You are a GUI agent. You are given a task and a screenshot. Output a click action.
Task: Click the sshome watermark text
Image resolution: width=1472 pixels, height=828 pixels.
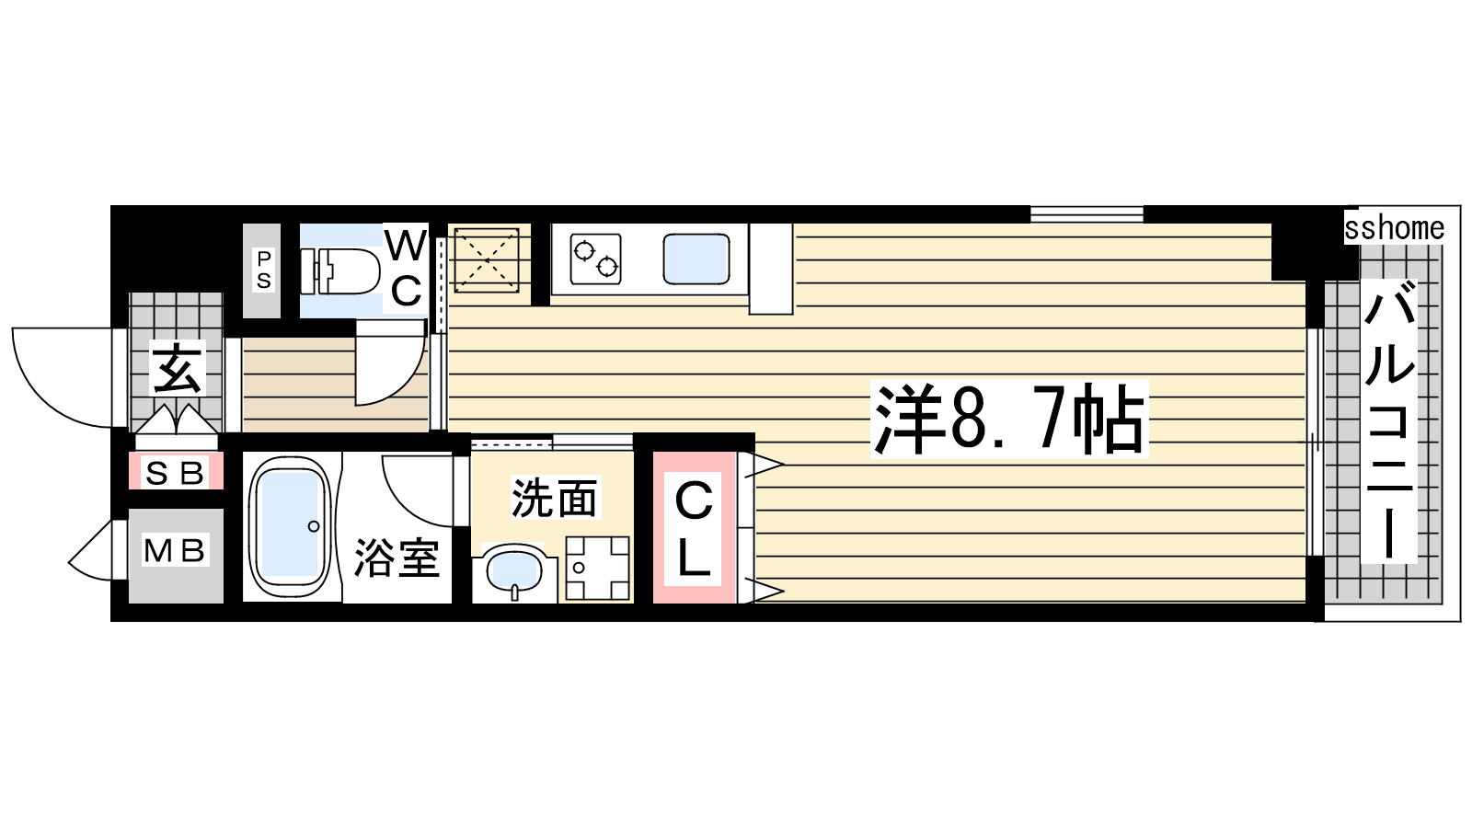point(1394,229)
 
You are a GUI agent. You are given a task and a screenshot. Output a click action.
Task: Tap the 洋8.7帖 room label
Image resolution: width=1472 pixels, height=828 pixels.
point(1008,420)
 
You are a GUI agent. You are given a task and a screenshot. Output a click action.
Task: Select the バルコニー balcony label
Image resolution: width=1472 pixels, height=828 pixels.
point(1388,421)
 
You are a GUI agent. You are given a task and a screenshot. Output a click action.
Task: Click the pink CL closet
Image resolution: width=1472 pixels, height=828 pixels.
point(694,527)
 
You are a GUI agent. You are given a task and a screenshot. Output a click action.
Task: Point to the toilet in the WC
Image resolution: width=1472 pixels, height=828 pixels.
point(340,270)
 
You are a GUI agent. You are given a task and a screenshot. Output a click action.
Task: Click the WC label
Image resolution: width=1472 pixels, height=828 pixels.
point(406,268)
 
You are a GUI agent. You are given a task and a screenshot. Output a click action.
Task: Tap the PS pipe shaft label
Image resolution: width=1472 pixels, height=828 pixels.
point(263,270)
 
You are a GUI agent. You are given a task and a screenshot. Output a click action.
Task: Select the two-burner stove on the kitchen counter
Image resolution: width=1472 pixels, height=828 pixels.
point(595,259)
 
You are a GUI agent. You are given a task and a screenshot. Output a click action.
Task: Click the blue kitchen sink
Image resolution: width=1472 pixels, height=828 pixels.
point(696,259)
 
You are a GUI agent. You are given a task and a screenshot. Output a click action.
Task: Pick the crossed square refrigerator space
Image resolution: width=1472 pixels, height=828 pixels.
point(487,260)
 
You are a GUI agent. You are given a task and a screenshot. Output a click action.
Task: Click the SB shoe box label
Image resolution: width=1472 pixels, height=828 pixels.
point(175,473)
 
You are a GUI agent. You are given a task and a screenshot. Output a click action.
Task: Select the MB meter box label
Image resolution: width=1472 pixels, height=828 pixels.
point(175,551)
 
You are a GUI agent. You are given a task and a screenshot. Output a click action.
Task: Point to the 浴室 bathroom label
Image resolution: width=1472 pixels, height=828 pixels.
point(397,558)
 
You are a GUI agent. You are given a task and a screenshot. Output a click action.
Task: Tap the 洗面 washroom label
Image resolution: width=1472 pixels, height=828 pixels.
point(555,498)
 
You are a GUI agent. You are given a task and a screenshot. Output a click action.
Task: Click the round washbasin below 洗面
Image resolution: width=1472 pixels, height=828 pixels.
point(514,570)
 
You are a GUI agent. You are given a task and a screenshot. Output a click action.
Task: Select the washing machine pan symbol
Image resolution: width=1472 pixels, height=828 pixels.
point(597,568)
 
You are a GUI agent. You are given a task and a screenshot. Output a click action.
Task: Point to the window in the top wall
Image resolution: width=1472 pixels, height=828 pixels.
point(1087,214)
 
